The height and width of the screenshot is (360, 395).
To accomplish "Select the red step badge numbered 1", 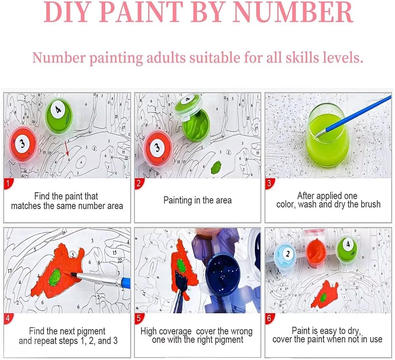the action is click(8, 183).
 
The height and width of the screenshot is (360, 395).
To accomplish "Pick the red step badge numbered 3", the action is click(269, 183).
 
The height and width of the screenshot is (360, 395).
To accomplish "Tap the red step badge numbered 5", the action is click(138, 318).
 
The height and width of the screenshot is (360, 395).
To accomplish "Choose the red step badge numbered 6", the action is click(269, 318).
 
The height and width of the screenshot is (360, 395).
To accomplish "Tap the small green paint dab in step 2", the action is click(216, 167).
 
